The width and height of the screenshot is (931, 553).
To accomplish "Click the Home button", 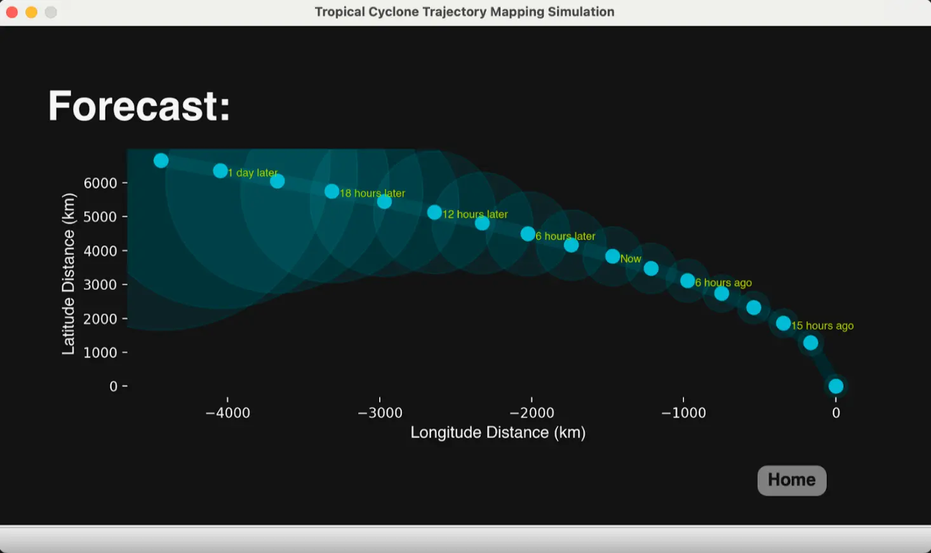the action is (x=792, y=480).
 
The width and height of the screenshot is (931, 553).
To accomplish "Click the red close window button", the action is (x=12, y=12).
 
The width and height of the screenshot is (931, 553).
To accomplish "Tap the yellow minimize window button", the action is (x=32, y=12).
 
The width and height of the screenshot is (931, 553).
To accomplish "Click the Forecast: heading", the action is (x=139, y=106).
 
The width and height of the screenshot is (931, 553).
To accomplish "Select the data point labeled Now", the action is (x=612, y=256).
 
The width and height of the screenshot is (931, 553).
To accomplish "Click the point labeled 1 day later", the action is (x=220, y=170).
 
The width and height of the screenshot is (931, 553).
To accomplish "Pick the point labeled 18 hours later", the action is (x=332, y=191).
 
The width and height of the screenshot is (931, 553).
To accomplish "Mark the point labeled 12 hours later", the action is (x=434, y=213).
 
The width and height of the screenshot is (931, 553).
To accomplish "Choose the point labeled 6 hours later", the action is (x=528, y=234).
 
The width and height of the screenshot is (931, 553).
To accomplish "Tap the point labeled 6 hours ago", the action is (x=687, y=281).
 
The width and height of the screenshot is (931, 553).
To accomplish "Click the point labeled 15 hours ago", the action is (x=784, y=324).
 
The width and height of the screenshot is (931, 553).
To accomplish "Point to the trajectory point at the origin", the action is (x=836, y=386).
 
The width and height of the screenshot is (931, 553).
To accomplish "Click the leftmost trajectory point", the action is (x=161, y=161).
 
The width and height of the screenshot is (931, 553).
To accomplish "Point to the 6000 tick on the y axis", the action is (x=124, y=183).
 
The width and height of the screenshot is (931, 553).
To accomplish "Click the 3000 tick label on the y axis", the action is (x=100, y=285).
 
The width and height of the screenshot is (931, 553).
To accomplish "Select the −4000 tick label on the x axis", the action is (x=228, y=413).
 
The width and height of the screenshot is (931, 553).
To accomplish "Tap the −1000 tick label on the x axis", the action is (x=683, y=413).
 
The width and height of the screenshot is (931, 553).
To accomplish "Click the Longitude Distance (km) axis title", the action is (x=498, y=433).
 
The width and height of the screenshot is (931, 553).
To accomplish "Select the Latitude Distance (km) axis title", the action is (x=69, y=274).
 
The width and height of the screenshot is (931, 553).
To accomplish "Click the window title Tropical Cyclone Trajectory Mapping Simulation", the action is (x=465, y=11).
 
